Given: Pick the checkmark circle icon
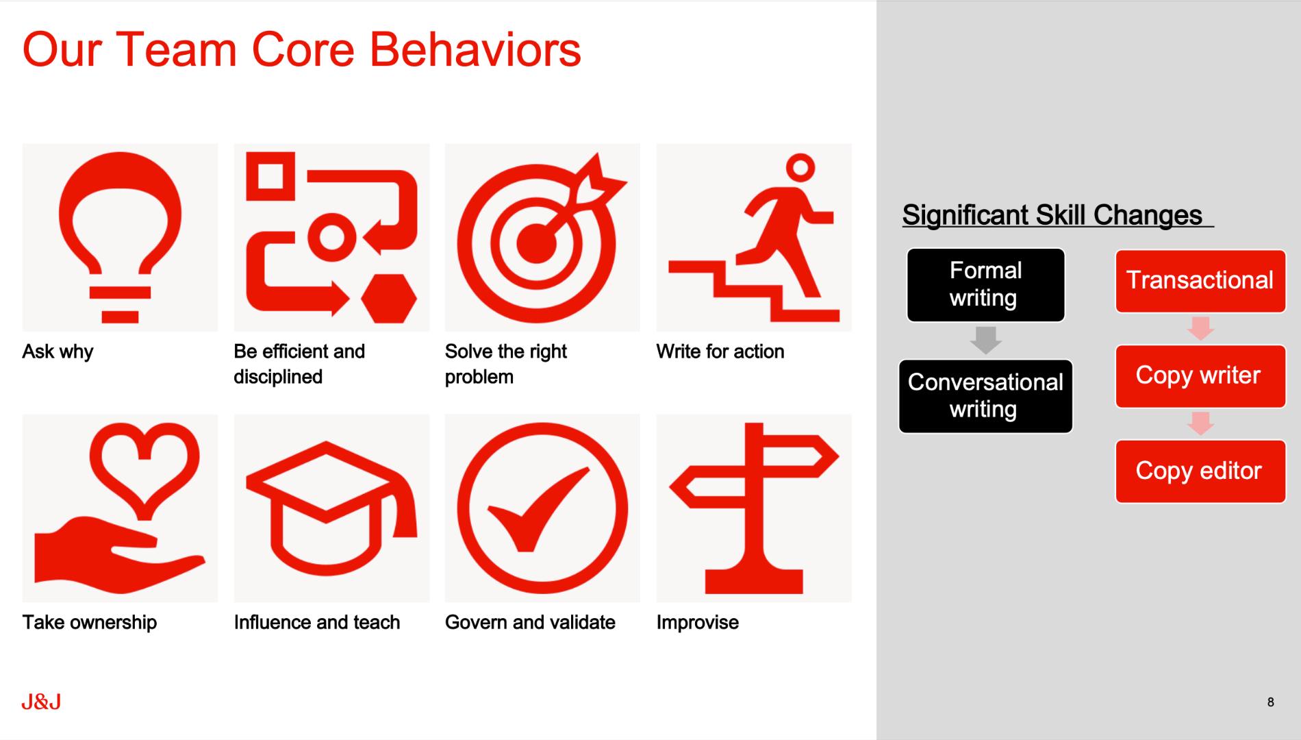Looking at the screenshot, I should (x=542, y=508).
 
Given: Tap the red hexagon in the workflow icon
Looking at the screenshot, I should (x=389, y=299).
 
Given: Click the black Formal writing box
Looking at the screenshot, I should (x=985, y=285).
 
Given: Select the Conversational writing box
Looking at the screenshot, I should (x=985, y=396).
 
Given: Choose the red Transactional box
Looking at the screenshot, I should (x=1200, y=281).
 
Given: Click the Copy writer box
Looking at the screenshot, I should (x=1200, y=376).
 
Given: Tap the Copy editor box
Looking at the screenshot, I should (x=1200, y=471).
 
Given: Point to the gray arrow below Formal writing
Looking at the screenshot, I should (x=986, y=340).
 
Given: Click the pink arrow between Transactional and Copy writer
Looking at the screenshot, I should (x=1200, y=328).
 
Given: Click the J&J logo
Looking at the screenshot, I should (x=41, y=702).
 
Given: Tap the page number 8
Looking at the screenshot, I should (x=1270, y=702).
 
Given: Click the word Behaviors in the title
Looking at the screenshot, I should (x=475, y=50).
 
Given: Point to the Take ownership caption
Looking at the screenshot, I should (x=90, y=622).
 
